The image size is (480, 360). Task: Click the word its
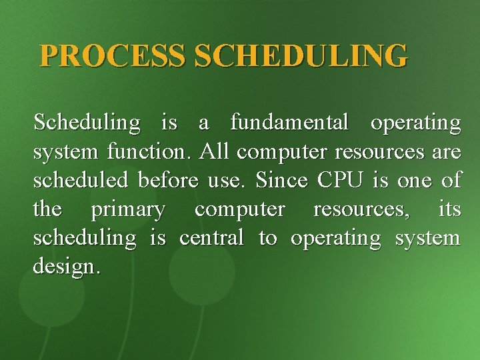point(449,210)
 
